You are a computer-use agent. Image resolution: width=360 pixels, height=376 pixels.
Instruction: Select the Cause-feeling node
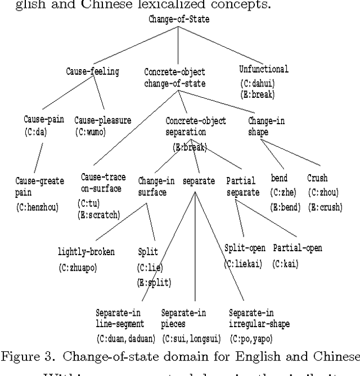92,71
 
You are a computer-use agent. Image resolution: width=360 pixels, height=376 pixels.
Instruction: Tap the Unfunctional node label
264,70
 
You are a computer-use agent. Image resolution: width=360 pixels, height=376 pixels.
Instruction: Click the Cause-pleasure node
102,120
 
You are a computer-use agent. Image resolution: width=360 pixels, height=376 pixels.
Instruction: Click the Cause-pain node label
43,120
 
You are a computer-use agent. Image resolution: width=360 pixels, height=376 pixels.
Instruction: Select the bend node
279,179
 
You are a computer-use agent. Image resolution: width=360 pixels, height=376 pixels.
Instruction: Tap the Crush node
317,179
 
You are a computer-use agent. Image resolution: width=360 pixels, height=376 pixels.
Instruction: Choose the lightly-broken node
86,251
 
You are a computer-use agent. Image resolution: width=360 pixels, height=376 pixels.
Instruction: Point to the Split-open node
245,247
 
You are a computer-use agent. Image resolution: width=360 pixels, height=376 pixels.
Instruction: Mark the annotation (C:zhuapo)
78,268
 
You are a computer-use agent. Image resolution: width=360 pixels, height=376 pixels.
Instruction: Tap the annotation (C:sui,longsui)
188,338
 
